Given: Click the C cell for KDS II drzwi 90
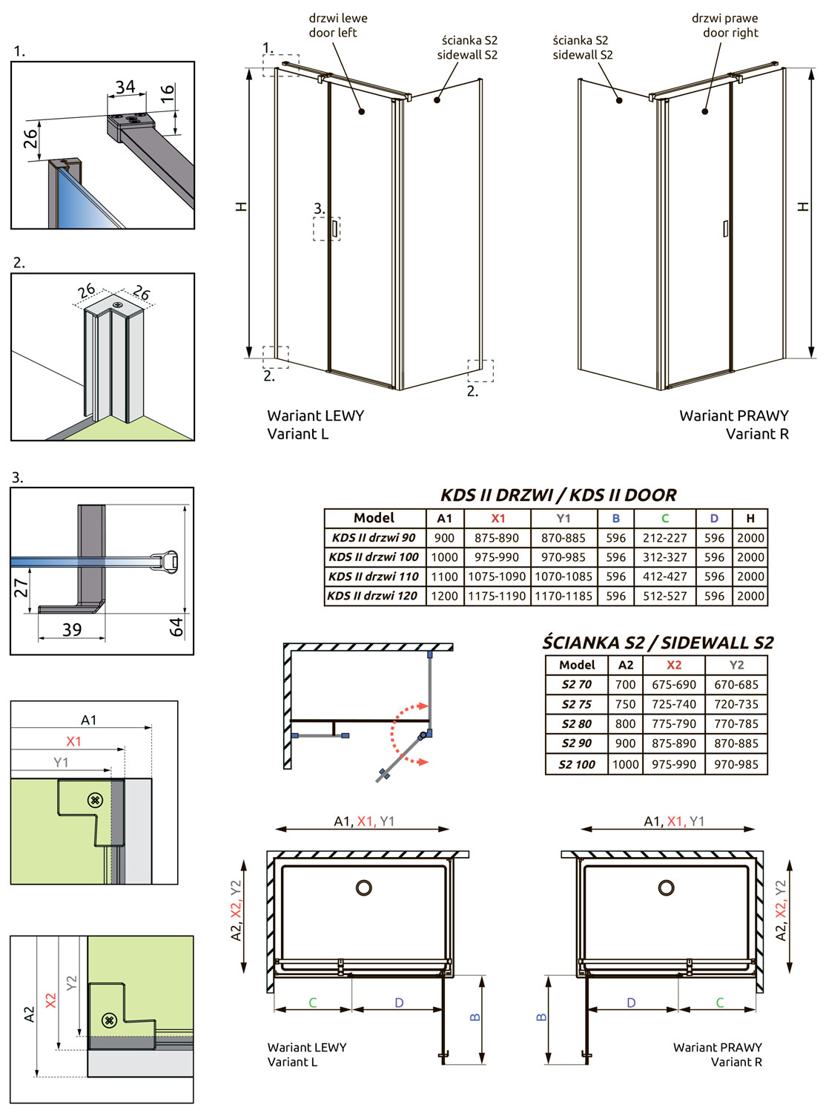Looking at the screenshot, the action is point(664,537).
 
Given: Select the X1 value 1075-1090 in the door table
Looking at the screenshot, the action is point(497,576).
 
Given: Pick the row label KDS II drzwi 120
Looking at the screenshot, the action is point(372,596).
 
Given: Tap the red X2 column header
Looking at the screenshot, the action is point(674,665).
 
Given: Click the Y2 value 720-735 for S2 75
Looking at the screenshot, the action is point(736,704).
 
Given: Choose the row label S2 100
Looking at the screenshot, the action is point(577,765).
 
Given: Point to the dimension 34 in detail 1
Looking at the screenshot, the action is point(125,87).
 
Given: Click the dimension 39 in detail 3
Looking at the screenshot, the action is point(72,629).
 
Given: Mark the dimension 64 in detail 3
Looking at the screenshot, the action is point(176,627).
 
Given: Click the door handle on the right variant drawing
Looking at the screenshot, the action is point(725,229).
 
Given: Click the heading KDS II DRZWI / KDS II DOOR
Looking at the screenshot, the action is point(558,495).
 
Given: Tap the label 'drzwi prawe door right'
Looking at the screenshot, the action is point(725,25).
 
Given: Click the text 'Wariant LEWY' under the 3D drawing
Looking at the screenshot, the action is point(315,416).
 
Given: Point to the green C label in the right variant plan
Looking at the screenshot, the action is point(719,1002).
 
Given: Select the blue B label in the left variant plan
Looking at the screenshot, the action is point(475,1017).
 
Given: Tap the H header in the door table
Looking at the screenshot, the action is point(750,518).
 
